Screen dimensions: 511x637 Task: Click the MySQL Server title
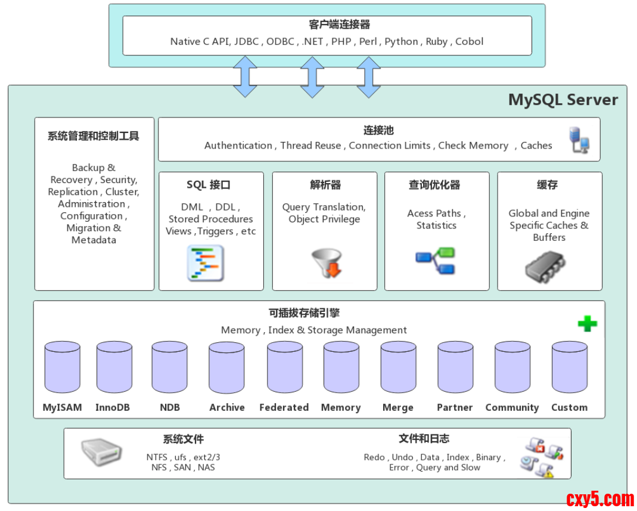coord(563,100)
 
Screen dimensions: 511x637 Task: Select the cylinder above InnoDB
coord(114,367)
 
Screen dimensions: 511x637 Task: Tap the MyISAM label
coord(62,407)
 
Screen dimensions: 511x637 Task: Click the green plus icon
coord(587,324)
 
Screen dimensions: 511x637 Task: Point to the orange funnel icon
coord(327,262)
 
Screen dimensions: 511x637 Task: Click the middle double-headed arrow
coord(312,78)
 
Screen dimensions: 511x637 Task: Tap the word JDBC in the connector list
coord(247,42)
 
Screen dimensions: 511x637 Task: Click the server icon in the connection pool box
coord(579,140)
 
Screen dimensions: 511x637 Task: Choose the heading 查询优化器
coord(434,185)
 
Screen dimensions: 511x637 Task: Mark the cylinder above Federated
coord(285,367)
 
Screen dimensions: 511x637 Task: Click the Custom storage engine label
coord(569,407)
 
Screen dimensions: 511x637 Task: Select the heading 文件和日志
coord(424,439)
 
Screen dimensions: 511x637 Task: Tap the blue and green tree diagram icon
coord(435,261)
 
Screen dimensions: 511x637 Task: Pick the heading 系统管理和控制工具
coord(93,136)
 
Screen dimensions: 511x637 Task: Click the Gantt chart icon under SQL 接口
coord(206,263)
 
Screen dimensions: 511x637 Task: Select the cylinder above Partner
coord(455,367)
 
